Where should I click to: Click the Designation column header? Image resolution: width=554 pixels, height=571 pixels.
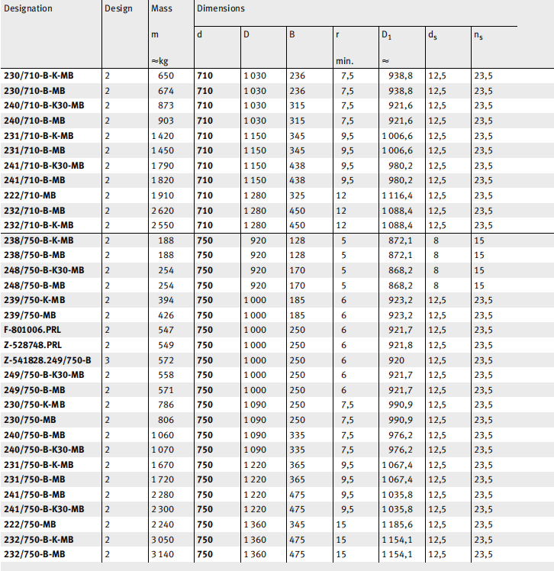click(28, 8)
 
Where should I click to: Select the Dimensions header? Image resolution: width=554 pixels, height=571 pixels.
click(221, 8)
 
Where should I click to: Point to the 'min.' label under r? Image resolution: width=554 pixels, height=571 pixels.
click(344, 61)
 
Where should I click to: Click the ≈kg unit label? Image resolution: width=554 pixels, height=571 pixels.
click(159, 61)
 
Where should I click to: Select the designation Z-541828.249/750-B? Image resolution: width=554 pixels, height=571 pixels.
click(47, 360)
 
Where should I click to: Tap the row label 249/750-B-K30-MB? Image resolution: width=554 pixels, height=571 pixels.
click(44, 375)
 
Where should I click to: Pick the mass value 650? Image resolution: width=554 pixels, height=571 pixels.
click(166, 76)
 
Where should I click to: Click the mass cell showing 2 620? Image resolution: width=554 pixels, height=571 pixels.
click(162, 210)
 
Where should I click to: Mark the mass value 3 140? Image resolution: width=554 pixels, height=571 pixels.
click(162, 554)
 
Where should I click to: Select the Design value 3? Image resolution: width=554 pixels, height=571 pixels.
click(108, 360)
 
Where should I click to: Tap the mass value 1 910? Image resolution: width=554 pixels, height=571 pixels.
click(162, 195)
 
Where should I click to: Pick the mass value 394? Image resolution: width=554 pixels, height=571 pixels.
click(166, 300)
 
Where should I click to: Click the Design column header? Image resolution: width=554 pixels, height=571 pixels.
click(118, 8)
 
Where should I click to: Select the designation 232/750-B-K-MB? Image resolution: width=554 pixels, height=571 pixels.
click(39, 540)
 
